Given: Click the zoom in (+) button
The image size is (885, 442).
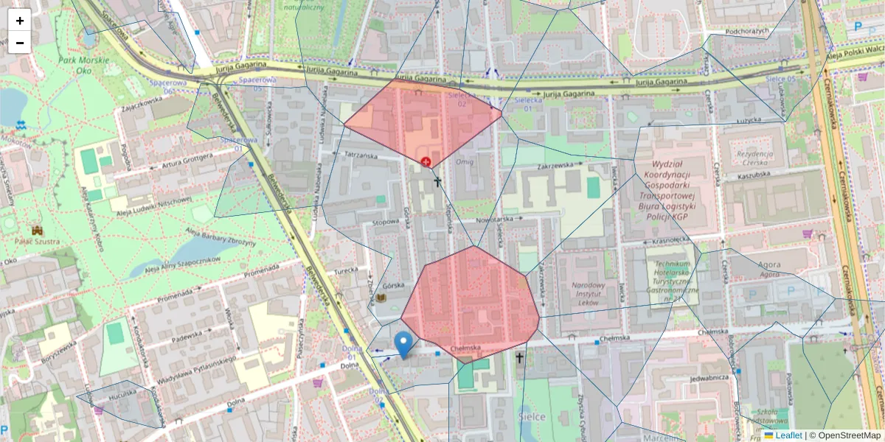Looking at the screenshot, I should coord(19,21).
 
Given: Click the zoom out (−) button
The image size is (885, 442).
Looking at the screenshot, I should coord(19,43).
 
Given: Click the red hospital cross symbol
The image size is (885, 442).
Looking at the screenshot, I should coord(426,161).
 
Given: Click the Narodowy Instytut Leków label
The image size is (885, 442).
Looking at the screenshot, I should coord(588,292).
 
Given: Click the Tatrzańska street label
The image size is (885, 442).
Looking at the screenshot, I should coord(361,156).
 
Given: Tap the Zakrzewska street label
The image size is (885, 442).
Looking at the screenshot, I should coord(556,166).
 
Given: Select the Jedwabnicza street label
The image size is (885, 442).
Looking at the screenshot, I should coord(709,378).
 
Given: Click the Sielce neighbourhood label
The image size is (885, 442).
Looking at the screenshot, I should coord(533,417).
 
